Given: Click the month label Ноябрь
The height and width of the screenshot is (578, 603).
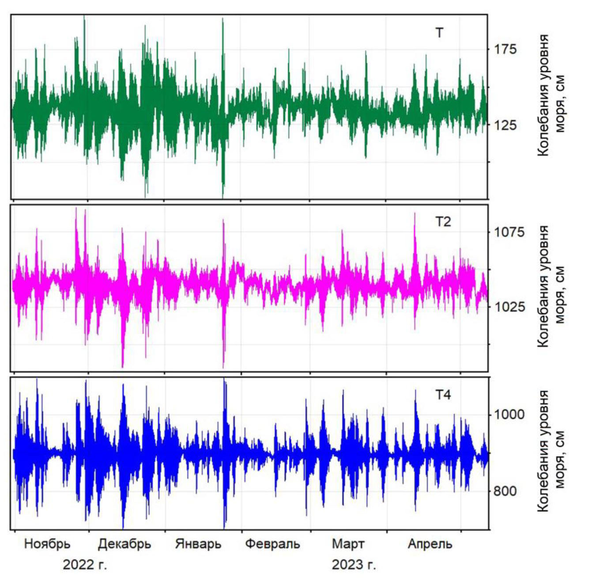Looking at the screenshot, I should coord(47,544).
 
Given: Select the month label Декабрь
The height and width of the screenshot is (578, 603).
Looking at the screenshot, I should coord(124,544).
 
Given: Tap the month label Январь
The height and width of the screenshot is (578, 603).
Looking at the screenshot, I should coord(198,544).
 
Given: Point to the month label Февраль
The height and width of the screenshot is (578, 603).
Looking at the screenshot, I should coord(272,544).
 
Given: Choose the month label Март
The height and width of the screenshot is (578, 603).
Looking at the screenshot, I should coord(348,544).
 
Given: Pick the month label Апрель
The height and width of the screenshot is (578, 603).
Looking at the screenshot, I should coord(430,544).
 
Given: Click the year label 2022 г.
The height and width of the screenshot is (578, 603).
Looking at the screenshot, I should coord(85,564).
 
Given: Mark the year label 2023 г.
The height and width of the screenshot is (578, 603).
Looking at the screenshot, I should coord(354,564).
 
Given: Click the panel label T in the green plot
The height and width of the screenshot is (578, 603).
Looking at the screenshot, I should coord(439,33).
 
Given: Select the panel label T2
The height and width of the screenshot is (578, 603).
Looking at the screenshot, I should coord(443,221).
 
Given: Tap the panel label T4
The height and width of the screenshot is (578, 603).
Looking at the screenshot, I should coord(443,395).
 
